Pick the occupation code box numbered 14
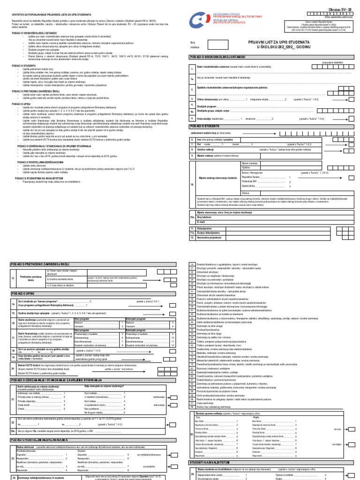[x=191, y=265]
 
